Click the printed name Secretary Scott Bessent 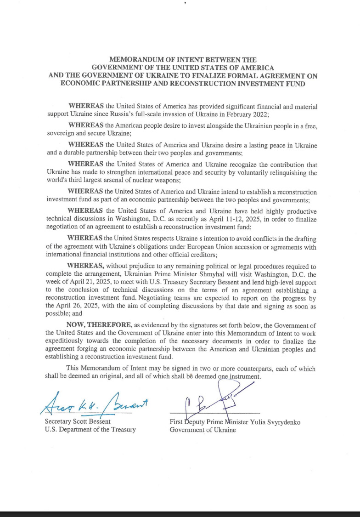point(78,422)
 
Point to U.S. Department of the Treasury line point(90,430)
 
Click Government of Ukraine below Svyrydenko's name point(202,430)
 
